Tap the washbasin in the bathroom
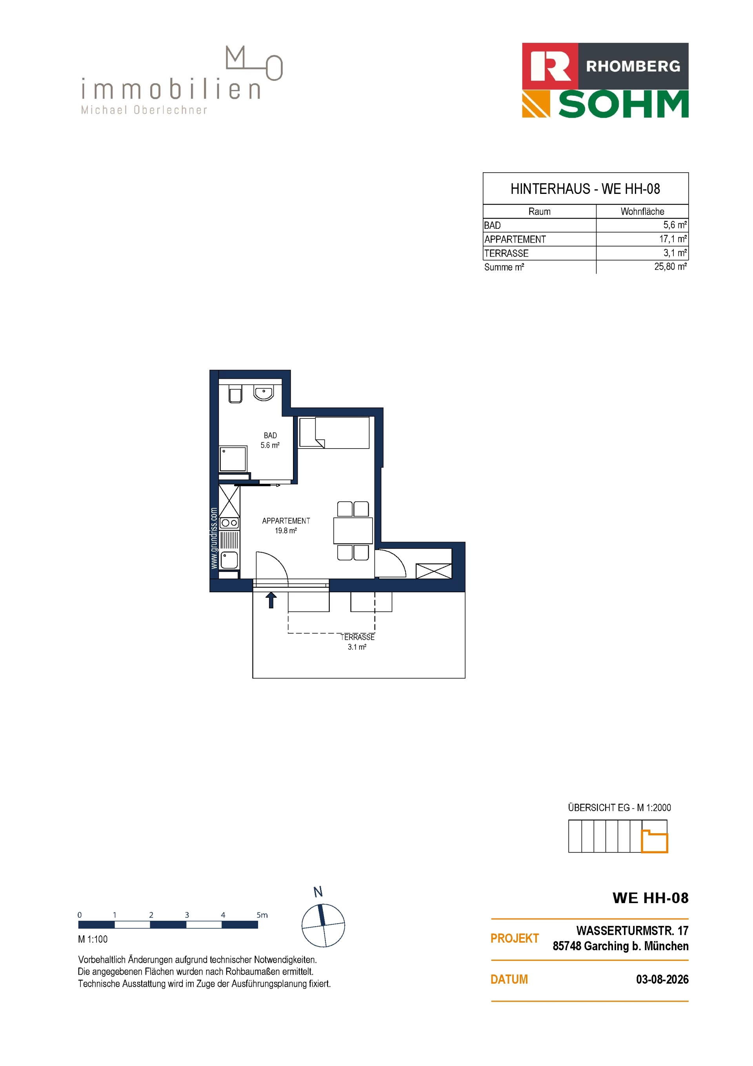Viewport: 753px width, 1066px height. click(x=264, y=393)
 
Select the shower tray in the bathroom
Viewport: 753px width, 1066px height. click(x=233, y=459)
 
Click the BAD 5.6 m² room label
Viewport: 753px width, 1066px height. click(x=270, y=440)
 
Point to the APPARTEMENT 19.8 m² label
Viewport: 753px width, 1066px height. click(x=286, y=526)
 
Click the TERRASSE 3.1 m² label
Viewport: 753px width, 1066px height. click(x=357, y=642)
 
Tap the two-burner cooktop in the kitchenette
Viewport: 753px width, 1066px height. click(x=229, y=523)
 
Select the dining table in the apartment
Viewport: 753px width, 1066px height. click(x=353, y=530)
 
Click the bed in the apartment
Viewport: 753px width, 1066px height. click(x=334, y=432)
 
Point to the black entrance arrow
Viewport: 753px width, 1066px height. click(x=271, y=600)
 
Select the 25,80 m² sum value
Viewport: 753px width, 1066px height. click(x=670, y=266)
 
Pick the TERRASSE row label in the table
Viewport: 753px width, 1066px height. click(x=506, y=253)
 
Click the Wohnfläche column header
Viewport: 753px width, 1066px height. click(x=642, y=211)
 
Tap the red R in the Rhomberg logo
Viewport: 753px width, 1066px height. click(x=550, y=66)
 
